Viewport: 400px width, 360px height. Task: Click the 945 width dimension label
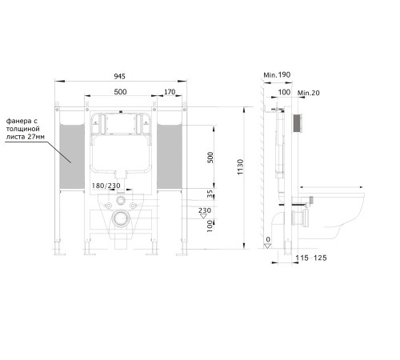click(119, 76)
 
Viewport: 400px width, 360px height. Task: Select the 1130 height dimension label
click(240, 167)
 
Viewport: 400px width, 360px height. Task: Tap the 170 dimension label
click(170, 92)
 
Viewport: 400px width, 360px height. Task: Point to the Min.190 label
click(277, 75)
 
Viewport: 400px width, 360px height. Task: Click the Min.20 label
click(309, 93)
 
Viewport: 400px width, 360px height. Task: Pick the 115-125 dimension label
click(311, 258)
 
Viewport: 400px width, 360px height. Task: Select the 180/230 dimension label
click(106, 186)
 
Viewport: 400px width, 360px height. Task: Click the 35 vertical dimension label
click(210, 194)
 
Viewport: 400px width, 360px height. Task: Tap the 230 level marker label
click(205, 210)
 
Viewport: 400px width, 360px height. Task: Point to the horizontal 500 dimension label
click(120, 92)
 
